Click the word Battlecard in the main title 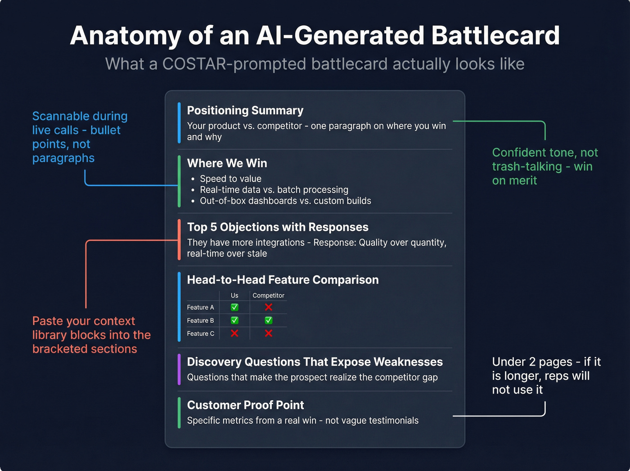click(x=495, y=36)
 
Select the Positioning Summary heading click(x=245, y=110)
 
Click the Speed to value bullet click(x=230, y=178)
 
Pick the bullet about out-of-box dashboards click(x=285, y=201)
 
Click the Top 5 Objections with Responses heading click(x=277, y=227)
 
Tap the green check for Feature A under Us click(x=234, y=307)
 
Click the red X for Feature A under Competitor click(x=269, y=307)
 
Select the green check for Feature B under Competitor click(x=269, y=320)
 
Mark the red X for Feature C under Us click(x=234, y=334)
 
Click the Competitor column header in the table click(x=268, y=295)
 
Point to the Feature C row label click(x=200, y=334)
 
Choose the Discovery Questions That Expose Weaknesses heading click(x=315, y=362)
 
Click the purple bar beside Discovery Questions click(x=179, y=370)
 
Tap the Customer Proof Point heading click(x=245, y=405)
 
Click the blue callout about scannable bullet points click(x=80, y=137)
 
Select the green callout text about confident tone click(x=544, y=166)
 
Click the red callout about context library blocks click(x=91, y=335)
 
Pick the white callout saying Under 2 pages click(x=546, y=376)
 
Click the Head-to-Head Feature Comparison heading click(x=283, y=280)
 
